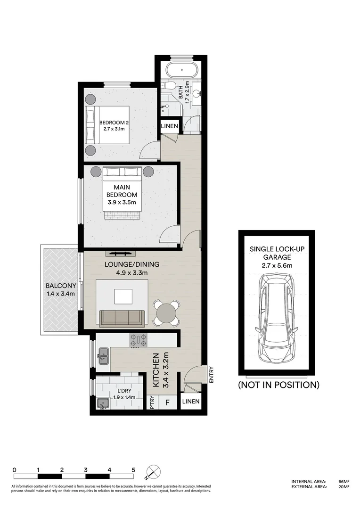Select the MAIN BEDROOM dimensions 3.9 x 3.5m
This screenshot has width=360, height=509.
click(x=122, y=203)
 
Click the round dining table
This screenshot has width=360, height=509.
click(x=166, y=313)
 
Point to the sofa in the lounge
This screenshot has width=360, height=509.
click(x=122, y=318)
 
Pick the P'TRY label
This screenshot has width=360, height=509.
click(x=153, y=403)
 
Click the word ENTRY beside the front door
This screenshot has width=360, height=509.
click(x=211, y=375)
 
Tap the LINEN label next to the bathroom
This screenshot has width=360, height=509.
click(x=170, y=126)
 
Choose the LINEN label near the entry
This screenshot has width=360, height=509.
click(x=190, y=402)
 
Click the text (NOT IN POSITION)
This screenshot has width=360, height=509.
click(x=278, y=385)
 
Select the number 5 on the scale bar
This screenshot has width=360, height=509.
click(x=133, y=470)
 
